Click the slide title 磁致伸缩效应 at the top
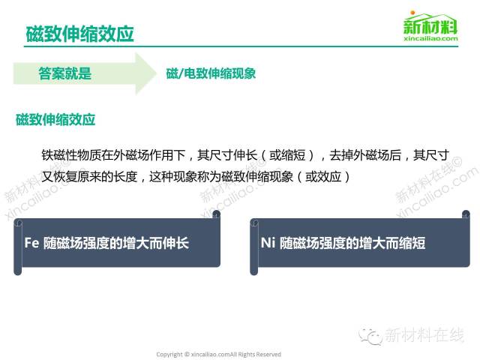pos(80,34)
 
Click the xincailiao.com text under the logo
pos(430,38)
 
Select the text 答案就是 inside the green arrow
pos(65,73)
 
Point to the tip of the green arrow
pos(156,73)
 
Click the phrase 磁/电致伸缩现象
pos(211,73)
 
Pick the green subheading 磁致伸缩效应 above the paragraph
pos(55,119)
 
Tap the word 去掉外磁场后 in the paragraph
pos(365,155)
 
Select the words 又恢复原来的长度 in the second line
pos(89,177)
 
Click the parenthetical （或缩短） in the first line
pos(287,155)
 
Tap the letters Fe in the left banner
pos(31,243)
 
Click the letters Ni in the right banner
pos(268,243)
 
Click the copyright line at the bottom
pos(218,355)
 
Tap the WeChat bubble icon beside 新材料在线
pos(370,336)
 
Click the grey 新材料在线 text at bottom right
pos(424,335)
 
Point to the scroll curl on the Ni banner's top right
pos(466,214)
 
